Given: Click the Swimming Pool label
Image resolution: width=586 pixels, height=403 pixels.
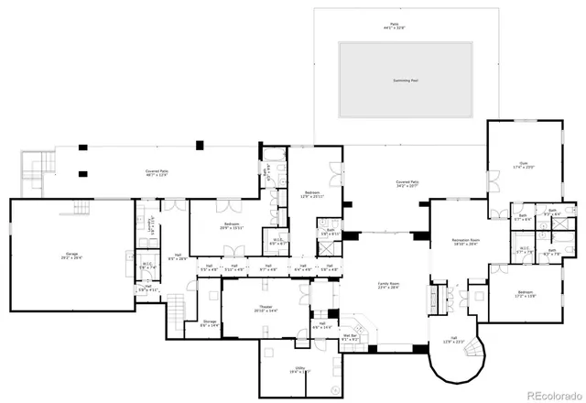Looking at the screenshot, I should coord(405,81).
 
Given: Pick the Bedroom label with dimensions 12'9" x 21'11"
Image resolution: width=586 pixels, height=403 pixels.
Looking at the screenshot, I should coord(311,194).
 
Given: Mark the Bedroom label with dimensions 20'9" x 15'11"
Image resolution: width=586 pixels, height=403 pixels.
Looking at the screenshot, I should coord(231,225).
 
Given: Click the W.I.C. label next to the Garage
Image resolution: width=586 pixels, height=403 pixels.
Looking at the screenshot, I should coord(146,267).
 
